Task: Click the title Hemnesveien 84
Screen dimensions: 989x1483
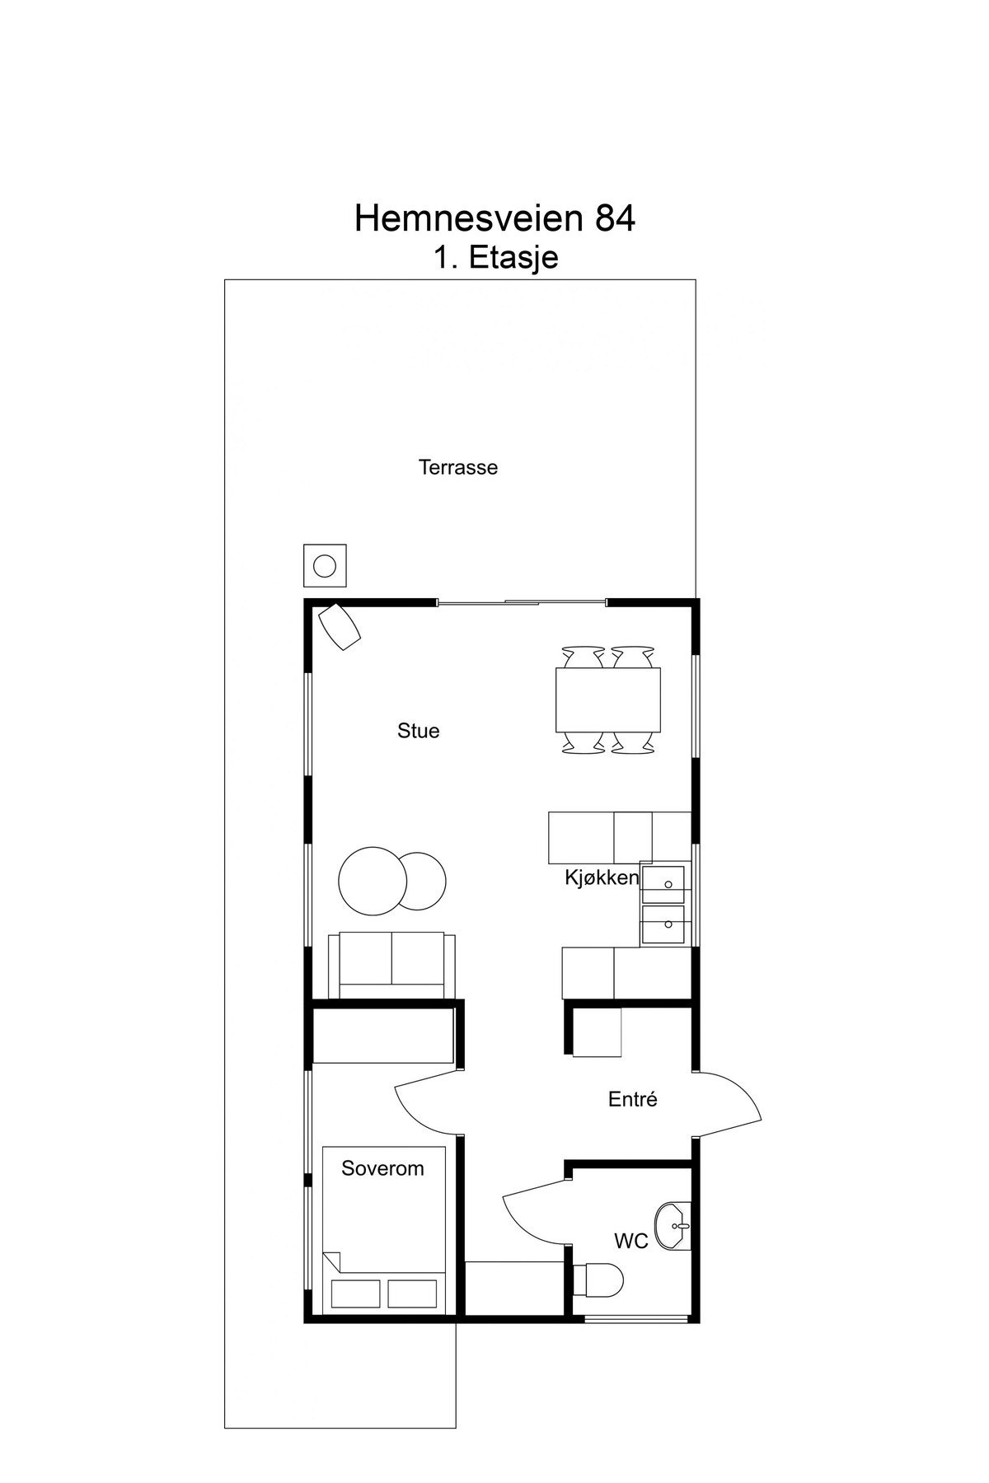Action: pos(494,218)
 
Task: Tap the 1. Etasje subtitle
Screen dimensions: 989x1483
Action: pos(496,257)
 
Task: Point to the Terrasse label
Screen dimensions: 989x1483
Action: pos(458,467)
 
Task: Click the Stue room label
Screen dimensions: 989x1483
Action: pos(419,731)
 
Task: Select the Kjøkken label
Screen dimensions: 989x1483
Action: pos(602,878)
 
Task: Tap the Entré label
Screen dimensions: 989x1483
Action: pos(633,1099)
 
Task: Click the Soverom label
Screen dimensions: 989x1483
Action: pos(382,1168)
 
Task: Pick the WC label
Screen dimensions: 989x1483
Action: pos(631,1241)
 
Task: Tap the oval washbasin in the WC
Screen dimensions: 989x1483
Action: pos(673,1225)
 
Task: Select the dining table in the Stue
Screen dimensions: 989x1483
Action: pos(608,700)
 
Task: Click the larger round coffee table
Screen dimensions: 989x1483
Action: pos(373,880)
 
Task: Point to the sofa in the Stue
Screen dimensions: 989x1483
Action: pos(391,965)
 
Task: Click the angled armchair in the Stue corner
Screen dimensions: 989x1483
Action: pos(340,626)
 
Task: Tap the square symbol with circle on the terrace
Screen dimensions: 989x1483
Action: pos(325,565)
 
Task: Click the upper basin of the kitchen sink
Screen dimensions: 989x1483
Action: pos(663,884)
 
